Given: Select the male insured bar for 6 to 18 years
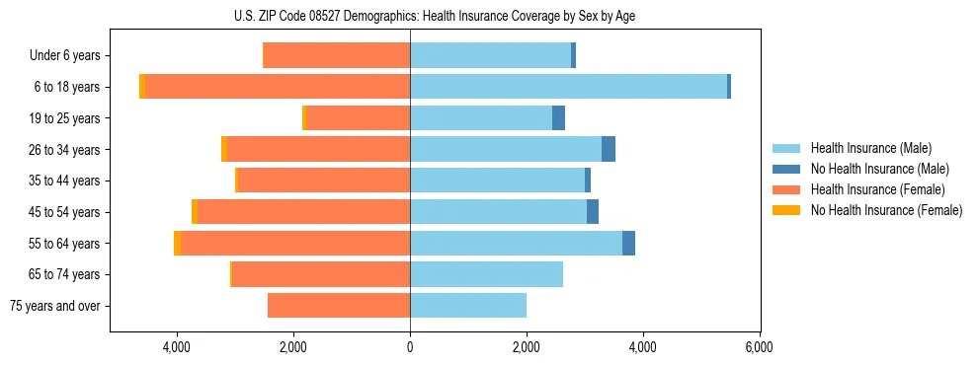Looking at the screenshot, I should pos(568,87).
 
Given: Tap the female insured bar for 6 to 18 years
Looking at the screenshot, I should pos(278,87).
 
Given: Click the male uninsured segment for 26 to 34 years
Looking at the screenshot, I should pos(609,149).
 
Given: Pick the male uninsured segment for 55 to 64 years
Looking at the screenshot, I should pos(628,244).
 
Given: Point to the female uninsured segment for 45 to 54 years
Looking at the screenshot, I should pos(195,212).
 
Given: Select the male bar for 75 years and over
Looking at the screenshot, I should pos(468,306).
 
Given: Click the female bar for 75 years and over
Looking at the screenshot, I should pos(339,306).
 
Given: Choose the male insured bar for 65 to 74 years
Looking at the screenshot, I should pos(486,274).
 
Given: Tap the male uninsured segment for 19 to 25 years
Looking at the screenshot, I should pos(558,118).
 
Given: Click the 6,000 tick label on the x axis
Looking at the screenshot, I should pos(759,346).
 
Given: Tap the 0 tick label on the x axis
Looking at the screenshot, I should pos(410,346).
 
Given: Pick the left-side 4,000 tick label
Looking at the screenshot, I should pos(177,346).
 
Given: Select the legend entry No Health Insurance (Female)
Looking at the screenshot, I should pos(886,210).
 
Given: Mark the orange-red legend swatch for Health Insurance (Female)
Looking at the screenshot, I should pos(786,189).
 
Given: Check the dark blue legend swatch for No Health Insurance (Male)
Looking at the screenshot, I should pos(786,169).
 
